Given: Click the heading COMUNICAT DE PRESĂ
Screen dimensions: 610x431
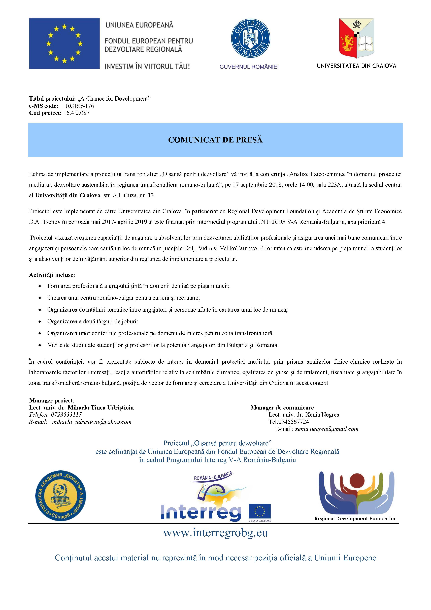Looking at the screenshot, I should tap(215, 140).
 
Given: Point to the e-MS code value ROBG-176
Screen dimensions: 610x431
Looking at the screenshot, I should tap(80, 106).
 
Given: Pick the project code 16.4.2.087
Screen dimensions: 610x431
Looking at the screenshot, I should tap(77, 113).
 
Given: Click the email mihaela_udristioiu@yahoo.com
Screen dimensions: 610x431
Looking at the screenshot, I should tap(92, 422).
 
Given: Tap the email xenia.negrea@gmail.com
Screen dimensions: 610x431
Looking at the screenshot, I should tap(327, 429).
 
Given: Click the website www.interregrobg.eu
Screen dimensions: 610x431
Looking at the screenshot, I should tap(215, 533).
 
